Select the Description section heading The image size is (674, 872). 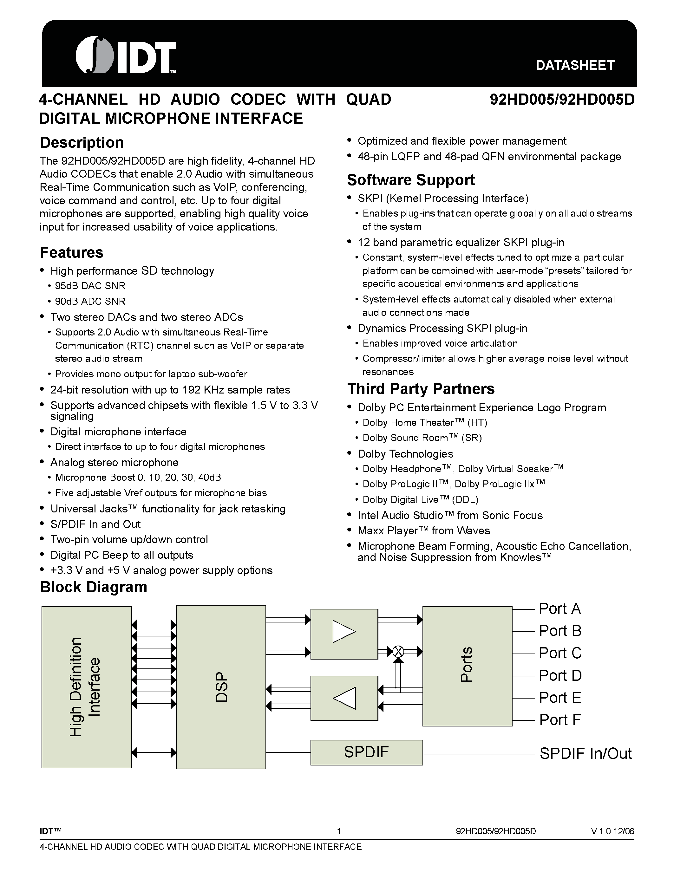82,143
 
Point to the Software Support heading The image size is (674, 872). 411,180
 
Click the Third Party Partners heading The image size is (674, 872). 421,389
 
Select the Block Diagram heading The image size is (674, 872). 94,587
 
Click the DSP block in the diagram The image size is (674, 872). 221,687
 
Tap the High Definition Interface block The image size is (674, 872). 86,687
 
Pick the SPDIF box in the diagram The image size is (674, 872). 366,752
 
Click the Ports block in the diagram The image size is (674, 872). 467,666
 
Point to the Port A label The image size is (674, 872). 559,609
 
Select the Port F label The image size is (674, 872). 559,720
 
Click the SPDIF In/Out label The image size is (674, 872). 586,753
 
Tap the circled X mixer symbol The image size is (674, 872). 398,652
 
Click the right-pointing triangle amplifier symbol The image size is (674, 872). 344,632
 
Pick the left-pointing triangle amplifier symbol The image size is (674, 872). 344,698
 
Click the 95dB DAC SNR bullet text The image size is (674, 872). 90,286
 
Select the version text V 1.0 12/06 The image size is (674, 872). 612,832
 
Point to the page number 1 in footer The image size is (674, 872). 339,832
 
